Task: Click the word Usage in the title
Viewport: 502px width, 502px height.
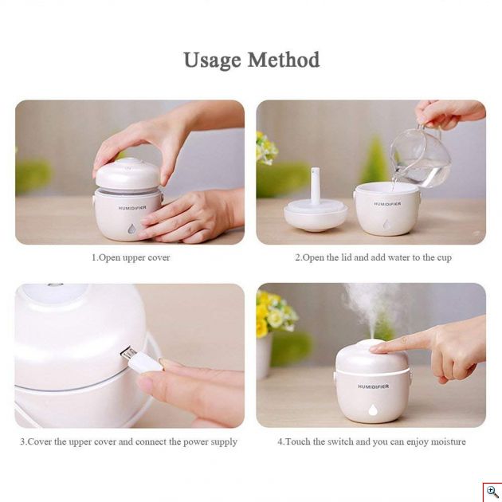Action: pos(212,61)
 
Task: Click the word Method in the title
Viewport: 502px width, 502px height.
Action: pos(283,61)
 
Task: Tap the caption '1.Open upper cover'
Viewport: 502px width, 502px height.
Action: pos(130,258)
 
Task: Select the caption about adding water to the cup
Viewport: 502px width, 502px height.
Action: pos(373,258)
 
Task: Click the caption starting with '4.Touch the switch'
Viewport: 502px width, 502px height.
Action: pos(371,441)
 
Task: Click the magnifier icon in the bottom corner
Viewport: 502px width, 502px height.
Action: pos(492,492)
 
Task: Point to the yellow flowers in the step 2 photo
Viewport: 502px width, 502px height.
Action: pos(266,148)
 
